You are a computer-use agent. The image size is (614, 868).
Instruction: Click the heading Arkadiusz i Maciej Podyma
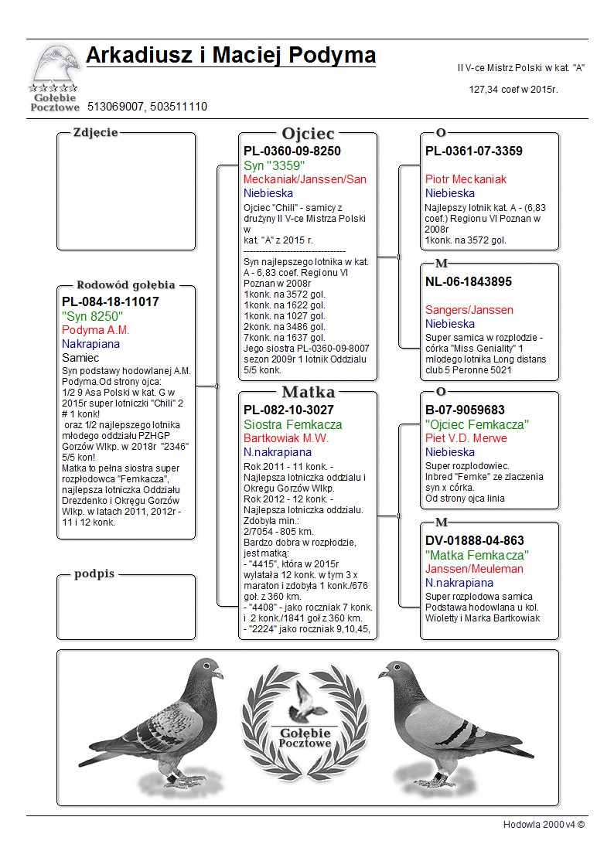(x=230, y=56)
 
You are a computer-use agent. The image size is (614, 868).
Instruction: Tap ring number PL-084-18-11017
(x=111, y=302)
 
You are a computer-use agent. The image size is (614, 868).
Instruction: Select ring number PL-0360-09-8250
(x=292, y=151)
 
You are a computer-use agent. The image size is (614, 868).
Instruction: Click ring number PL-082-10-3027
(x=289, y=410)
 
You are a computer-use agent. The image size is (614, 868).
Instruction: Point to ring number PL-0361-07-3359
(x=474, y=151)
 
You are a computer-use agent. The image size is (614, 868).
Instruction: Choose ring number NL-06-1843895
(x=469, y=282)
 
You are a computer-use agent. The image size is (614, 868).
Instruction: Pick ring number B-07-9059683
(x=465, y=410)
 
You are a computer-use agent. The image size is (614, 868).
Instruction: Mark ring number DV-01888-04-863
(x=475, y=541)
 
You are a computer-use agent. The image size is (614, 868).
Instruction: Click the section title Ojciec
(x=308, y=133)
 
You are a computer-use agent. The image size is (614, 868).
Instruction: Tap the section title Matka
(x=308, y=391)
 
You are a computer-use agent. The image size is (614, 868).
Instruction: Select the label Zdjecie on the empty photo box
(x=95, y=132)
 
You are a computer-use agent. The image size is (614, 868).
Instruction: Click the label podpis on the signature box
(x=94, y=574)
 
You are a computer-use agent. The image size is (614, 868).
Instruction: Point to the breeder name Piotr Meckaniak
(x=466, y=179)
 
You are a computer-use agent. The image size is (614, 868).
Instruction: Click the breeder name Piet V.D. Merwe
(x=466, y=438)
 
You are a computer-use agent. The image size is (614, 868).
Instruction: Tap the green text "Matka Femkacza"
(x=476, y=555)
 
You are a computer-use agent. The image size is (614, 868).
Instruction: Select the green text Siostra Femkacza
(x=292, y=424)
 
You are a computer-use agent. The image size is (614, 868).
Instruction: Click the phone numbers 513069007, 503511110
(x=147, y=107)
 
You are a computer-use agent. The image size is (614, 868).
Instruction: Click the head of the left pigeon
(x=208, y=669)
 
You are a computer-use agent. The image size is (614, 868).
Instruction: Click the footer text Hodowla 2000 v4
(x=544, y=825)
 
